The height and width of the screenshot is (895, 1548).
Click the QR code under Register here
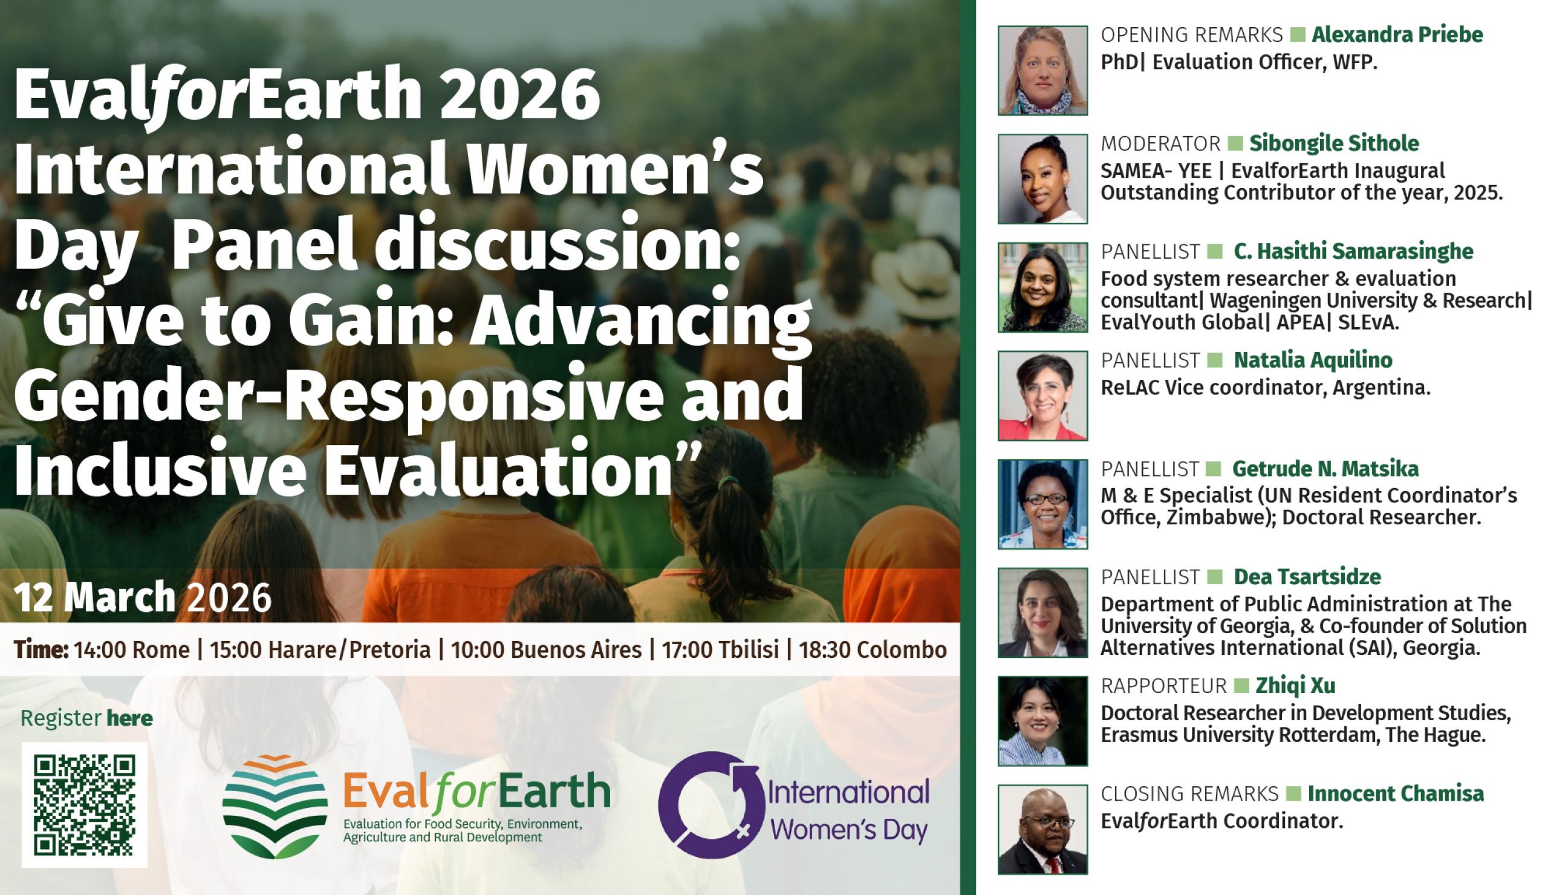tap(84, 805)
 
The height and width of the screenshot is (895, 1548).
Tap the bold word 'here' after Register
tap(129, 718)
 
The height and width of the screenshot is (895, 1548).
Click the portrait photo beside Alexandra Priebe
tap(1042, 70)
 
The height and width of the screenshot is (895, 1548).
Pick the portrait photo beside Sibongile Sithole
tap(1042, 179)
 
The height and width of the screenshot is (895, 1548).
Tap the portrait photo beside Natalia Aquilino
tap(1042, 395)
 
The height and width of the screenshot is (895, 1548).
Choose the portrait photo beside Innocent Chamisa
tap(1042, 829)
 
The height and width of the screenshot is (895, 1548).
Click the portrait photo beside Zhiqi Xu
tap(1042, 721)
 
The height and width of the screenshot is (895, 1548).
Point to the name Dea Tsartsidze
tap(1307, 577)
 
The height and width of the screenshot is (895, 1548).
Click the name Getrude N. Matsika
tap(1325, 469)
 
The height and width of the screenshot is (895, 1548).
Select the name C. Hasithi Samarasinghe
tap(1353, 251)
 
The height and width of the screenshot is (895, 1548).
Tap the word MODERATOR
tap(1160, 143)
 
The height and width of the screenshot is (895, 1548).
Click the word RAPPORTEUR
tap(1163, 685)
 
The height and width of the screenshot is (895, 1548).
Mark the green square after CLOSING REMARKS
tap(1293, 793)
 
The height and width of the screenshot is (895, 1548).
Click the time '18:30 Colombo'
tap(873, 650)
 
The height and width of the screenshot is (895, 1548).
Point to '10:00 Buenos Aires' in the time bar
tap(546, 650)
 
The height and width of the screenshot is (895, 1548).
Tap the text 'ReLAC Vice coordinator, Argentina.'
tap(1266, 388)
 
